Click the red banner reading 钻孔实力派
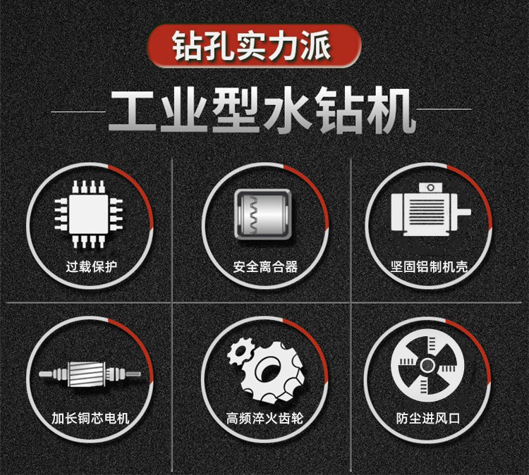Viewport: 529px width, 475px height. click(254, 46)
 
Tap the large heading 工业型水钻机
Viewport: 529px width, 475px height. click(262, 111)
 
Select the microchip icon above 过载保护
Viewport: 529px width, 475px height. click(89, 214)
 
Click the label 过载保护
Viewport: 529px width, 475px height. click(92, 266)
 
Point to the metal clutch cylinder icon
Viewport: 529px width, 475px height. click(263, 215)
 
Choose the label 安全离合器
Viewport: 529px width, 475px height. click(265, 266)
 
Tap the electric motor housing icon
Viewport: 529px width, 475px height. click(431, 210)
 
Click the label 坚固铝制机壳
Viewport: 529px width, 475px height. click(430, 266)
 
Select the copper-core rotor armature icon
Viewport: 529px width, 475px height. click(90, 374)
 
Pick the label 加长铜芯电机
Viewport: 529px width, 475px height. click(90, 419)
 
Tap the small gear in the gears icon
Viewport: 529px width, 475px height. click(241, 351)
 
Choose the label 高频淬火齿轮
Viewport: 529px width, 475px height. click(264, 419)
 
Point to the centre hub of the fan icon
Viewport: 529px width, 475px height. click(427, 364)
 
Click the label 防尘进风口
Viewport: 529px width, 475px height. click(428, 419)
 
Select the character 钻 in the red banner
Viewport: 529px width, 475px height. click(186, 46)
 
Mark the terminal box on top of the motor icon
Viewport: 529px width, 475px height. click(430, 187)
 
